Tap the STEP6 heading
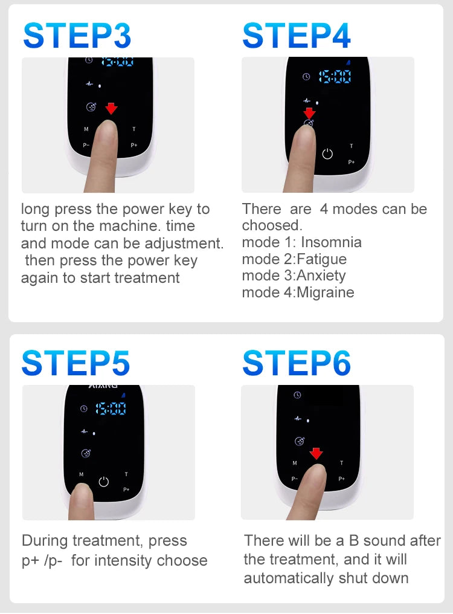coord(296,363)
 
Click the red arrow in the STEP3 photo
coord(111,108)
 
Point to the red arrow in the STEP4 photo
coord(309,112)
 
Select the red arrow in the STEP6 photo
coord(316,453)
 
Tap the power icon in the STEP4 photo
coord(327,153)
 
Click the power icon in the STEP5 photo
coord(103,482)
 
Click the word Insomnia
coord(331,242)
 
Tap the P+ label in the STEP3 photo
coord(134,145)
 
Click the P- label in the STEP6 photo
coord(295,479)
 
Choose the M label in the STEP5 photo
coord(81,474)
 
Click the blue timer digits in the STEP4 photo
coord(335,77)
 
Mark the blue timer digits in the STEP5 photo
coord(111,409)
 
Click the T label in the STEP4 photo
coord(352,146)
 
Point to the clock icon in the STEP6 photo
coord(297,395)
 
